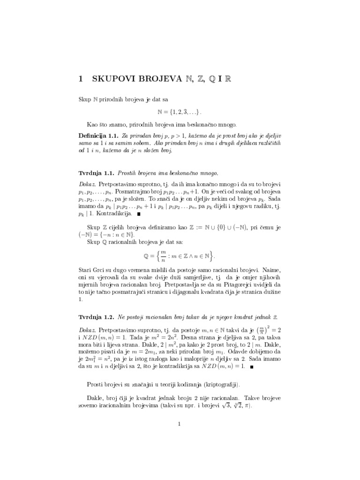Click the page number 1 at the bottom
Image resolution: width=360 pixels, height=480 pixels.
click(180, 424)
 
